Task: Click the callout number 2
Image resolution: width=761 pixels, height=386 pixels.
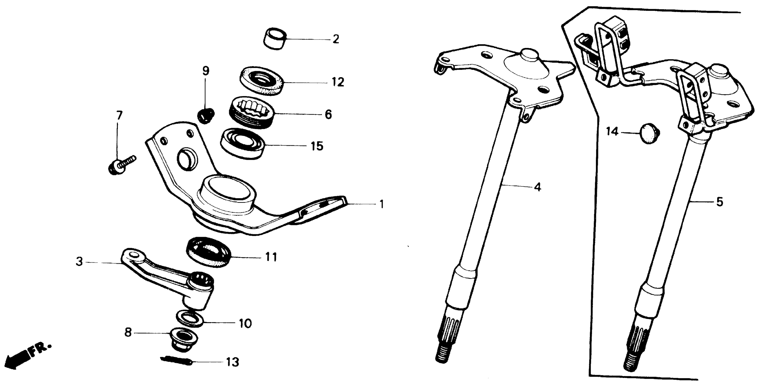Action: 336,39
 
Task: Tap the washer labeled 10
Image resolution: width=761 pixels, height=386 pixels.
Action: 189,318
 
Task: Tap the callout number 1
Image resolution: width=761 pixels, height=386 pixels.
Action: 381,204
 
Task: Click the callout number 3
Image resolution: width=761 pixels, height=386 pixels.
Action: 79,262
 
